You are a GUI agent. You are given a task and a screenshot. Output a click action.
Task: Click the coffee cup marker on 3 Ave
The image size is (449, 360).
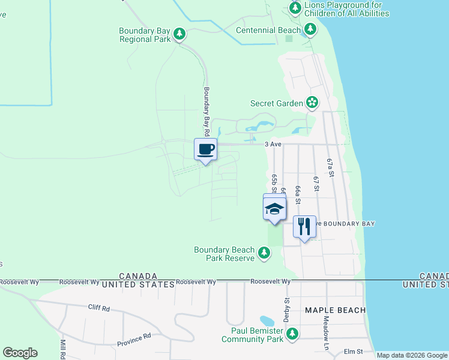point(205,149)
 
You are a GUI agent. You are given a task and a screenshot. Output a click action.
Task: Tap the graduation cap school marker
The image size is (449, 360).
point(274,208)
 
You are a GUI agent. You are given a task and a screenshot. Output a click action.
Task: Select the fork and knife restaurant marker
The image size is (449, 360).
point(304,226)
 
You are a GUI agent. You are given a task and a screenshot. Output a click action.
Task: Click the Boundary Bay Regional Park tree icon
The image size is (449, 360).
point(179,34)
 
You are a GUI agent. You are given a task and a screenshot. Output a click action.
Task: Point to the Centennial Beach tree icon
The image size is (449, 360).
point(310,29)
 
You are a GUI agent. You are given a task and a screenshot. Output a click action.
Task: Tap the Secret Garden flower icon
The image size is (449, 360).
point(312,103)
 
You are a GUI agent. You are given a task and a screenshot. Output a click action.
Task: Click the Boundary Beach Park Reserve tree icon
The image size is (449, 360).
point(264,253)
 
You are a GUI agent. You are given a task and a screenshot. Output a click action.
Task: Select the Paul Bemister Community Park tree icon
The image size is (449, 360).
point(292,334)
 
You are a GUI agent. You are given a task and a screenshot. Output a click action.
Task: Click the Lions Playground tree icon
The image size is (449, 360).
point(295,8)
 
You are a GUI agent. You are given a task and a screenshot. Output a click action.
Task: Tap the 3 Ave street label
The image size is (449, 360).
point(273,145)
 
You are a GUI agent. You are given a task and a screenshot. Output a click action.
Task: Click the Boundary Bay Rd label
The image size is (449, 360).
point(205,111)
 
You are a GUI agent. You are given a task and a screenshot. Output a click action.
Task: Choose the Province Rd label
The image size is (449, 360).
point(134,339)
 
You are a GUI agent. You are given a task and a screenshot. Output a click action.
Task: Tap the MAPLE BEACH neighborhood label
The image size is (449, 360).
point(335,310)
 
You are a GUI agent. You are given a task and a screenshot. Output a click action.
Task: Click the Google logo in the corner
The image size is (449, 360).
point(20,353)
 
